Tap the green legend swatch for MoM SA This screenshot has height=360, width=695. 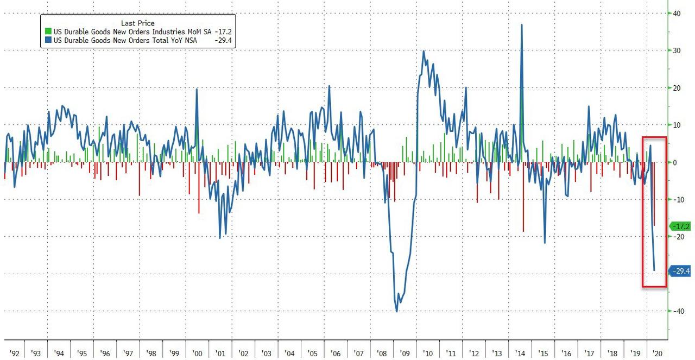(x=47, y=32)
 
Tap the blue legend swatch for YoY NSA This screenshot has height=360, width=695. (x=47, y=40)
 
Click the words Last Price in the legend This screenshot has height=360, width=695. (x=138, y=23)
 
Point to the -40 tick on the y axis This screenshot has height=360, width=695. (x=677, y=311)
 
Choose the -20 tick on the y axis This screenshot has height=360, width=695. (x=677, y=237)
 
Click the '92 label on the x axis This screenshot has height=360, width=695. (x=15, y=354)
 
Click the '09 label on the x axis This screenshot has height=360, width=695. (x=406, y=354)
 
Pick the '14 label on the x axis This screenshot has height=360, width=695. (x=521, y=354)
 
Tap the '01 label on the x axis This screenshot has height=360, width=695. (x=220, y=354)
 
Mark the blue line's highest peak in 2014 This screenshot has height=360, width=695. (x=522, y=24)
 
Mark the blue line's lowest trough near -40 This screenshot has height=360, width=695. (x=397, y=311)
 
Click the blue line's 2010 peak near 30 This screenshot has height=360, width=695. (x=424, y=51)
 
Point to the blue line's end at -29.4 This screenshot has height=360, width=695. (x=654, y=270)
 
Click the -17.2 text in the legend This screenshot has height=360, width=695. (x=223, y=32)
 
